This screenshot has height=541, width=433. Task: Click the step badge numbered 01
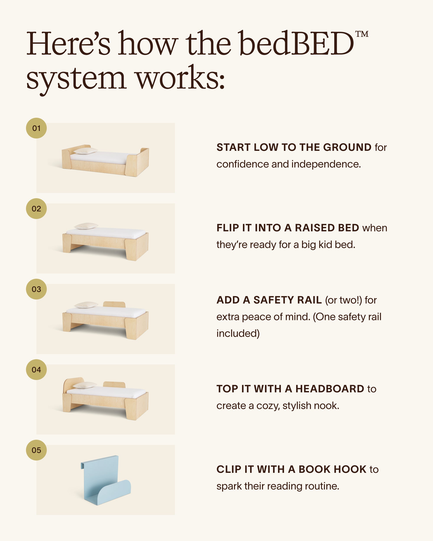[36, 128]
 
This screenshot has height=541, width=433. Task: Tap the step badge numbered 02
[36, 209]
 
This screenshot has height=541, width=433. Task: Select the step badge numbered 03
[36, 289]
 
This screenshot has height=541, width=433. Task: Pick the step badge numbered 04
[36, 370]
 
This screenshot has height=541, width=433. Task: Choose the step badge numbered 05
[36, 450]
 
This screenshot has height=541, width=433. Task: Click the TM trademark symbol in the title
[362, 34]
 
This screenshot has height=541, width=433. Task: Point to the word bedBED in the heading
[296, 44]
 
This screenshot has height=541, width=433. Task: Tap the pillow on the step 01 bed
[85, 151]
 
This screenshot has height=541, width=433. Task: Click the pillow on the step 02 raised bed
[86, 226]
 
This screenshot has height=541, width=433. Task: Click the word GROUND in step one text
[347, 147]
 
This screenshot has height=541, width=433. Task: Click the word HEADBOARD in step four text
[330, 389]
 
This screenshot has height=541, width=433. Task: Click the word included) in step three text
[238, 333]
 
